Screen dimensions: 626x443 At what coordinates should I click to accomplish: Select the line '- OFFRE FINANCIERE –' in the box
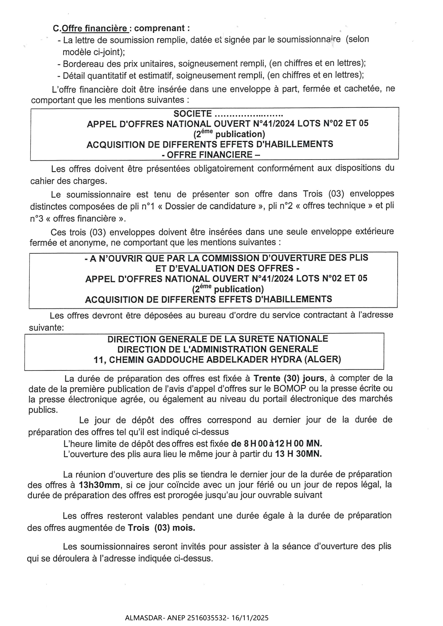211,155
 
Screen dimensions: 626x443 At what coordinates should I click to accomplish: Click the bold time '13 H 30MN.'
298,454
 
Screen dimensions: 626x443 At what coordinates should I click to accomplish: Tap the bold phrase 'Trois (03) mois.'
161,528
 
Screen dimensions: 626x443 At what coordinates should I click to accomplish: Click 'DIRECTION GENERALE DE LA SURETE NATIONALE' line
218,339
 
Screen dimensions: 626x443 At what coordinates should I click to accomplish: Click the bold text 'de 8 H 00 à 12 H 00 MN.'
277,444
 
